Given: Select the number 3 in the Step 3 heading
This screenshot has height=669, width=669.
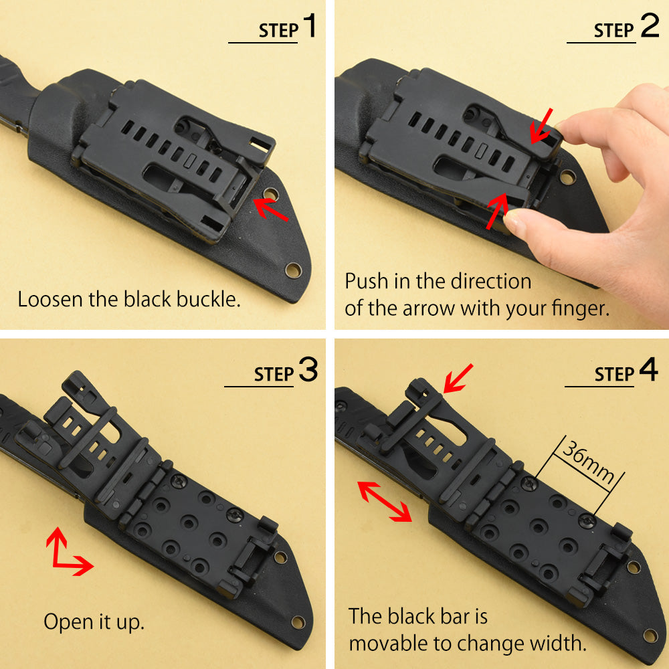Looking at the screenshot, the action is tap(308, 369).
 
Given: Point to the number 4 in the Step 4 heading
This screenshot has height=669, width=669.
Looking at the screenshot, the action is tap(648, 369).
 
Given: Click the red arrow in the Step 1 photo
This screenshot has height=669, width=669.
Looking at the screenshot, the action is tap(270, 208).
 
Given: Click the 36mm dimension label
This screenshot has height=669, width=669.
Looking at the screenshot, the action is tap(589, 462).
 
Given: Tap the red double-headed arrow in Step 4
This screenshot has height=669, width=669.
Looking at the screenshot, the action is tap(385, 501).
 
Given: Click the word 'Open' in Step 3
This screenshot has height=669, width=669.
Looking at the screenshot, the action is tap(69, 622).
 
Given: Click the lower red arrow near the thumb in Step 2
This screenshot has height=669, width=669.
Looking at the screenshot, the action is tap(497, 211).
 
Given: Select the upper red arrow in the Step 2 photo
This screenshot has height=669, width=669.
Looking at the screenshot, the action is tap(541, 126).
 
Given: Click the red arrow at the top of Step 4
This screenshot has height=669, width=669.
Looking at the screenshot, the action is tap(458, 379).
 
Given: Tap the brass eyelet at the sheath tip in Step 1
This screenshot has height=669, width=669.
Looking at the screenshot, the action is tap(294, 270).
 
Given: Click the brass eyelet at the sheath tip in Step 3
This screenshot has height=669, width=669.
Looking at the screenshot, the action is tap(298, 622).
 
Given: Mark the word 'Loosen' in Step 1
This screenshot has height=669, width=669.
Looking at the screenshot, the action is tap(50, 299).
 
